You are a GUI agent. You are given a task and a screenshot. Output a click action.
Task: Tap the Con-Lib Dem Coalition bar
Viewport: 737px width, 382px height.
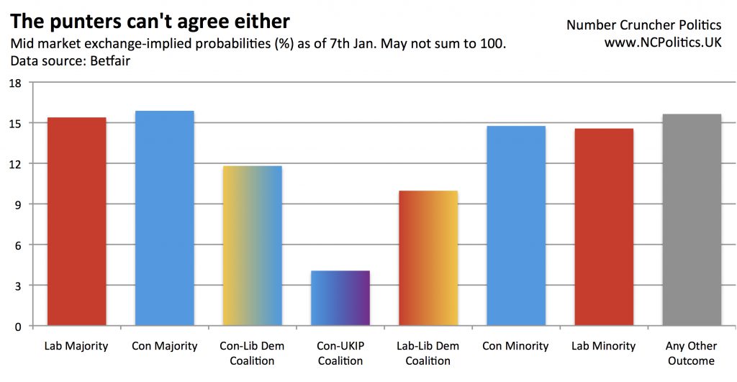click(x=252, y=246)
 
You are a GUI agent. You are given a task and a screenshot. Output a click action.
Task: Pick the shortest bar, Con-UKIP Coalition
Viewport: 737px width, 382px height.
click(x=340, y=299)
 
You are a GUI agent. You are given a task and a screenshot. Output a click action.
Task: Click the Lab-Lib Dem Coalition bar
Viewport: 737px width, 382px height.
click(x=428, y=258)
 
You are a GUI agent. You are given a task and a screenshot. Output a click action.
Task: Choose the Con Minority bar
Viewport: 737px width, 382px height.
click(x=515, y=226)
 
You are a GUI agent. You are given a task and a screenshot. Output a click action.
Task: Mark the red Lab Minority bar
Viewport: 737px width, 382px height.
click(x=603, y=227)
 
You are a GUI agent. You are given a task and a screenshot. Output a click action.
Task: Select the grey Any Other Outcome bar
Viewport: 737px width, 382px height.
click(x=691, y=220)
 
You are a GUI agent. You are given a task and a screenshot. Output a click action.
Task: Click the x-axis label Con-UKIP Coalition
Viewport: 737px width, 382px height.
click(x=340, y=353)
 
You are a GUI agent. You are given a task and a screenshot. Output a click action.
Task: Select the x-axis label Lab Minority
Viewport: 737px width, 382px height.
click(x=603, y=346)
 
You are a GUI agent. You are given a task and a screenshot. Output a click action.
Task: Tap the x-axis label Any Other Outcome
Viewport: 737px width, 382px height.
click(x=691, y=353)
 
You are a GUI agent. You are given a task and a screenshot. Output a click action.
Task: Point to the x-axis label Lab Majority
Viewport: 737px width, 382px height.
click(x=76, y=346)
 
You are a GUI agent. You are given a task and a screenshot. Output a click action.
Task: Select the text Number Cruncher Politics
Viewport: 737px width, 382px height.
click(x=643, y=24)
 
